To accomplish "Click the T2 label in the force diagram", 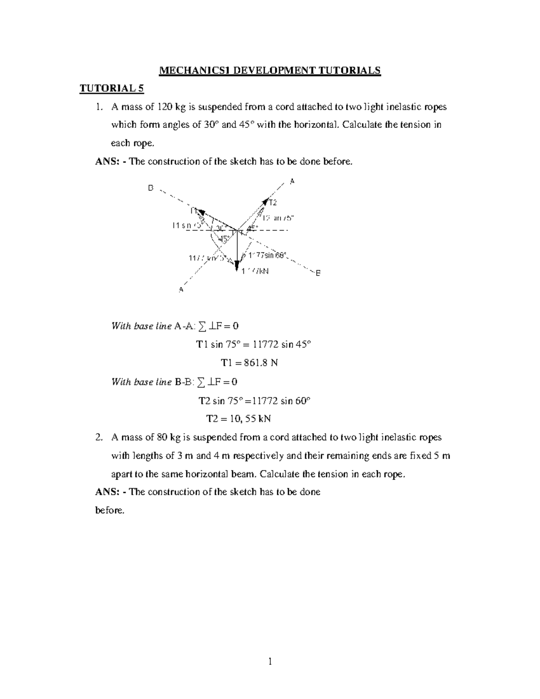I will (x=273, y=203).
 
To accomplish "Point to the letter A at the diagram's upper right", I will (x=292, y=181).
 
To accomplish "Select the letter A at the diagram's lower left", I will (x=181, y=290).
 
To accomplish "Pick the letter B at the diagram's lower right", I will (x=318, y=273).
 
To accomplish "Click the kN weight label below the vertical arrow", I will (x=255, y=271).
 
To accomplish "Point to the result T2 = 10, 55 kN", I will (x=238, y=419).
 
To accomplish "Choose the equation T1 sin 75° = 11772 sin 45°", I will (x=253, y=344).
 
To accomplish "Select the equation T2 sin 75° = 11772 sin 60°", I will (x=254, y=400).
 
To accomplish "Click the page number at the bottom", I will (x=270, y=661).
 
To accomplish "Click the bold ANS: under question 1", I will (x=106, y=162).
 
